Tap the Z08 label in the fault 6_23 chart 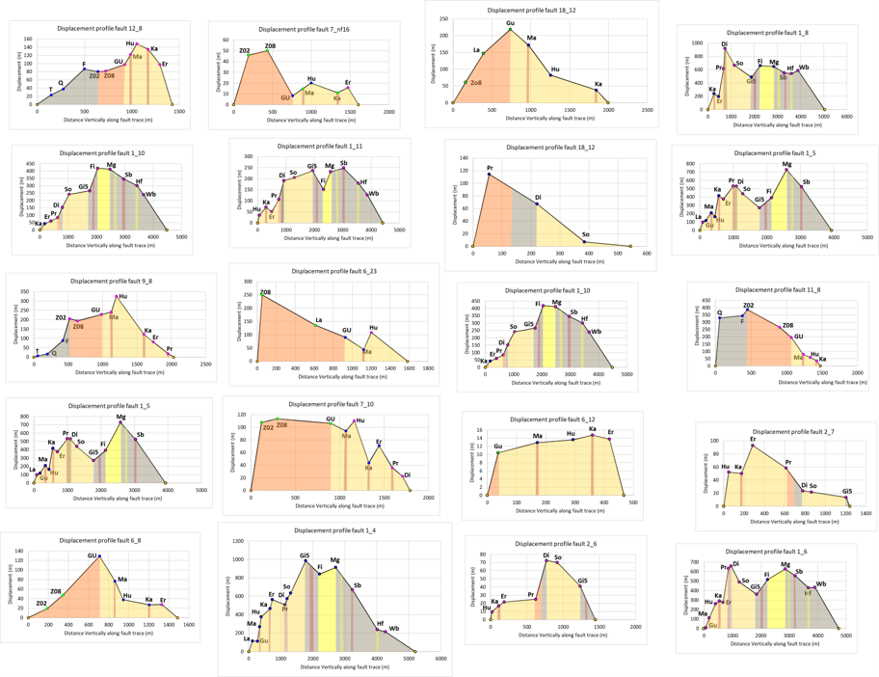[265, 291]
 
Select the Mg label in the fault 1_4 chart [334, 560]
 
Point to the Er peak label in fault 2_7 [753, 440]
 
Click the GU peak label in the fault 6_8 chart [93, 555]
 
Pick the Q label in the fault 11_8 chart [719, 312]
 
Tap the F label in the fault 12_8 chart [84, 65]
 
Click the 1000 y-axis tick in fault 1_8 [695, 44]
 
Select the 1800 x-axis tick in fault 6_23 [428, 368]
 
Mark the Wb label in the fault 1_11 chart [374, 194]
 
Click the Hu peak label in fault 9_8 [122, 296]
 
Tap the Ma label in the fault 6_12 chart [537, 437]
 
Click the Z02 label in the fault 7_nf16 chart [245, 50]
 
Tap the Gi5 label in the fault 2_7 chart [848, 492]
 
